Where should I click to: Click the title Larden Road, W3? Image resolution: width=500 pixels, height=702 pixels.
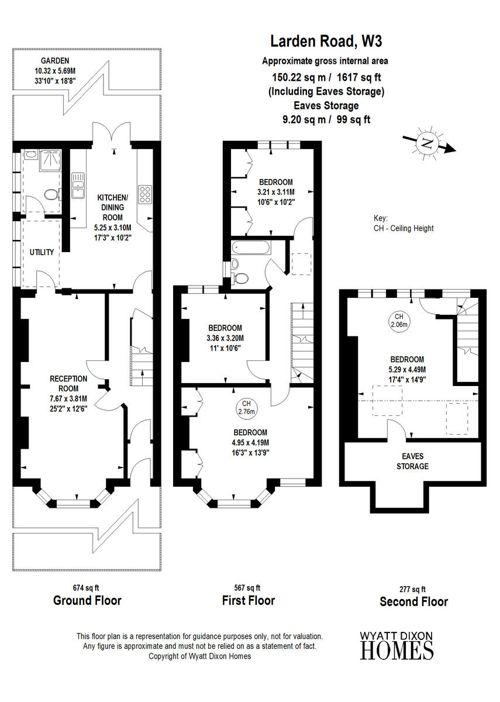click(x=327, y=42)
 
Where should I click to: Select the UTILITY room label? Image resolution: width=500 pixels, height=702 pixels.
click(x=42, y=252)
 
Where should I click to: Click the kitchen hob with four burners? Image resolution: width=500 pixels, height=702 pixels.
click(x=144, y=192)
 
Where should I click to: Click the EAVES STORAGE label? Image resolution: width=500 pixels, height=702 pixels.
click(x=413, y=461)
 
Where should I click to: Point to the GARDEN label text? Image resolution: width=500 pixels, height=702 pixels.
click(x=56, y=60)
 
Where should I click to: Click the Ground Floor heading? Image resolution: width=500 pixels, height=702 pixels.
click(x=87, y=600)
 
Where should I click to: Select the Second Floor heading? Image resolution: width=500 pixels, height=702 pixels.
click(x=413, y=601)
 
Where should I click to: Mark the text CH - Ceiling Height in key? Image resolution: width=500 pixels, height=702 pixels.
click(x=404, y=228)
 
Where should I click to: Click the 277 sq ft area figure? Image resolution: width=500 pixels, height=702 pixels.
click(x=413, y=589)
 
